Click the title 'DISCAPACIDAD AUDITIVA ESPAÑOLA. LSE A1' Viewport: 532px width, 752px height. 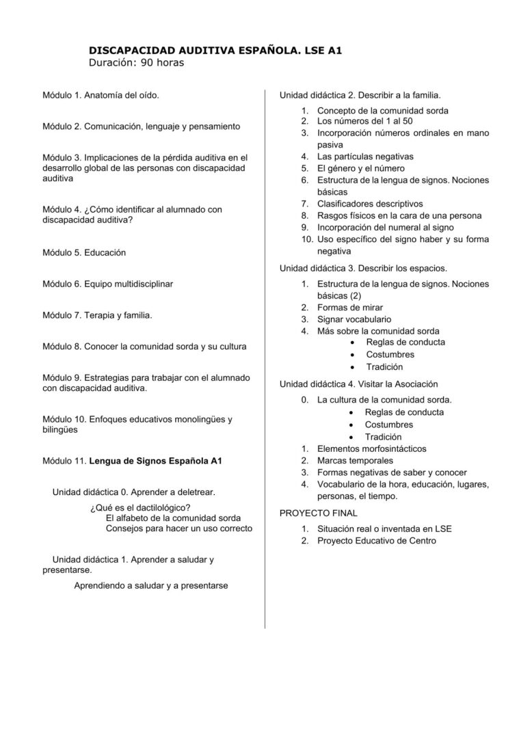point(216,50)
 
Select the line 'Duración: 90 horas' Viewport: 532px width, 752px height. point(137,63)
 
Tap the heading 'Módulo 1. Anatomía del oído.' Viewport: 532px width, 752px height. point(101,95)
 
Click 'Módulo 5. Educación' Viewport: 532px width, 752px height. point(84,252)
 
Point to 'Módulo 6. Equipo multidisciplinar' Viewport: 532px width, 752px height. point(107,283)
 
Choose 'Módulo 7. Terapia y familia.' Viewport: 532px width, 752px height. point(97,315)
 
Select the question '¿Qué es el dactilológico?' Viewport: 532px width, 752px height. point(140,507)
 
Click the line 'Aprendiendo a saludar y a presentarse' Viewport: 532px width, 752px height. point(151,585)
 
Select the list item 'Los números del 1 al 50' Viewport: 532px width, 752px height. point(365,121)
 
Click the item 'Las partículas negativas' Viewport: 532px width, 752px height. point(365,157)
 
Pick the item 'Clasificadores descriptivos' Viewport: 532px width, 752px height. point(370,204)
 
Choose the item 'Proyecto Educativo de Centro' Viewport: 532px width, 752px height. point(376,541)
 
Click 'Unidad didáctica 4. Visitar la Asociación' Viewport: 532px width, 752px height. point(359,384)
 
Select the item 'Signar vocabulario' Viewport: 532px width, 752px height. point(354,319)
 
